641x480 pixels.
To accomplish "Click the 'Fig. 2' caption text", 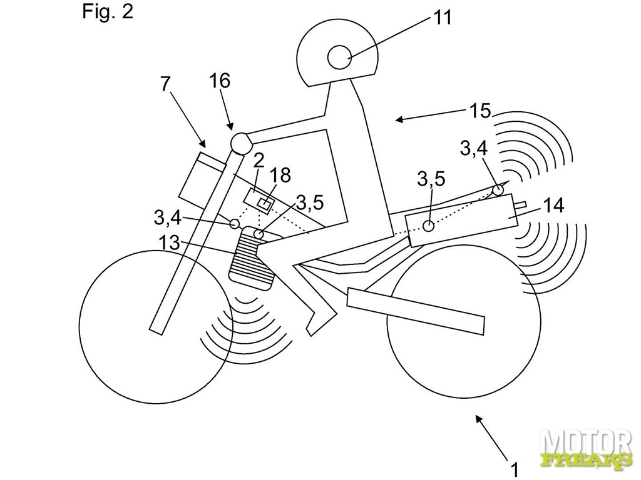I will pos(108,12).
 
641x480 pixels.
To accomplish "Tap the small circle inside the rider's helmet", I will pos(341,57).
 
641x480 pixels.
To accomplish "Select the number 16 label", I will pos(220,80).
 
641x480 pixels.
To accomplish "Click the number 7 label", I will pos(165,84).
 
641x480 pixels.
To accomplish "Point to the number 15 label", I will pos(481,111).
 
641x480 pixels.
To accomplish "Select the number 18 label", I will pos(280,176).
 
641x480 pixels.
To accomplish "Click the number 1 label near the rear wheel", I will pos(514,467).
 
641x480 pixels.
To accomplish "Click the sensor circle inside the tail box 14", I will pos(429,226).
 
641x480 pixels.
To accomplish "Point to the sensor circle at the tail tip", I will pos(499,189).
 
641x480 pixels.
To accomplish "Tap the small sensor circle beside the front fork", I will pos(235,223).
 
